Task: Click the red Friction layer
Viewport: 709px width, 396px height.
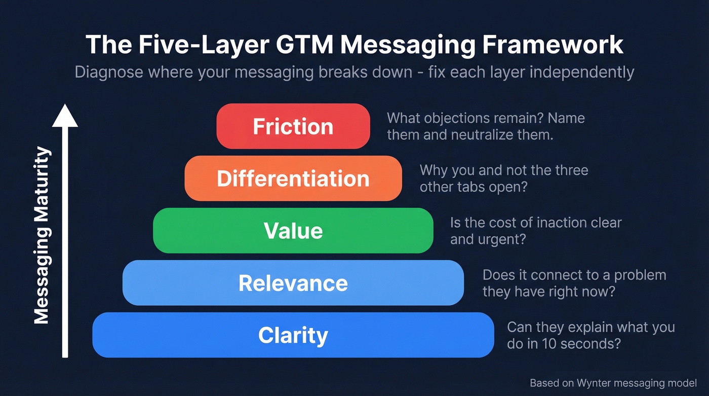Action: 293,126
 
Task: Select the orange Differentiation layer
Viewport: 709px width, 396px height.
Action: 293,178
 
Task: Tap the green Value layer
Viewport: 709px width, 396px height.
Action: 293,231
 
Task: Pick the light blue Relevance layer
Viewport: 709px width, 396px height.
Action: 293,283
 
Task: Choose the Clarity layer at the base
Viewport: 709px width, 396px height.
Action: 293,335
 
